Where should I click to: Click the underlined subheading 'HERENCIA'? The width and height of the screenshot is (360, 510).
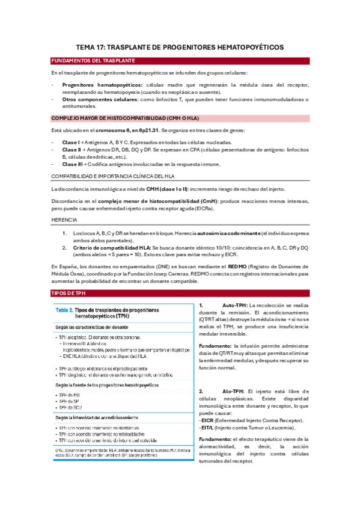pyautogui.click(x=64, y=220)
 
